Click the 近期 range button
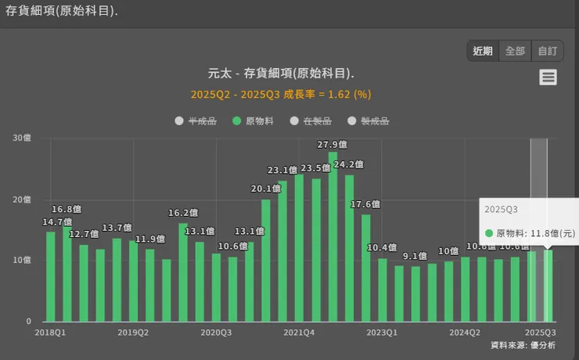pyautogui.click(x=483, y=51)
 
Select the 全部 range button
pyautogui.click(x=515, y=51)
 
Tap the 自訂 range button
pyautogui.click(x=547, y=51)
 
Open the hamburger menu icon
pyautogui.click(x=548, y=77)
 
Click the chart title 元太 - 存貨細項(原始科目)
pyautogui.click(x=281, y=74)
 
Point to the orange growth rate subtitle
pyautogui.click(x=281, y=94)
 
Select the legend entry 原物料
pyautogui.click(x=253, y=121)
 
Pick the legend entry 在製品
pyautogui.click(x=311, y=121)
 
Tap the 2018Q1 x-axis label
pyautogui.click(x=51, y=332)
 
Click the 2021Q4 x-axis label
pyautogui.click(x=299, y=332)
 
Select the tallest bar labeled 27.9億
pyautogui.click(x=333, y=235)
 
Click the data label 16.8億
pyautogui.click(x=67, y=209)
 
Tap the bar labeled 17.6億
pyautogui.click(x=365, y=266)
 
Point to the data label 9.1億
pyautogui.click(x=415, y=256)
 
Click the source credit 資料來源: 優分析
pyautogui.click(x=523, y=345)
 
